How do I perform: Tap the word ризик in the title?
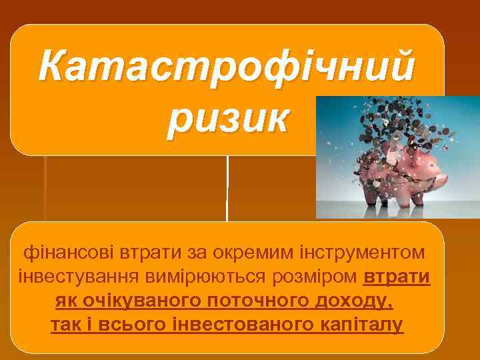227,118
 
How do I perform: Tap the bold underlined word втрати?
398,277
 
